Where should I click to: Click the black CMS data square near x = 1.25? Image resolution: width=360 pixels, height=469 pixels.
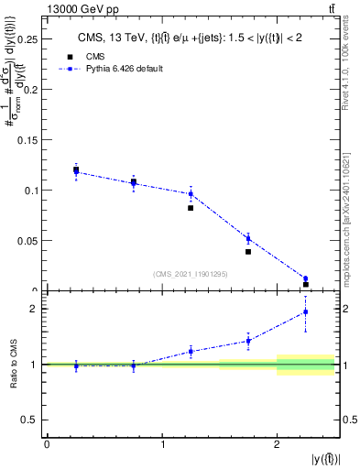click(191, 208)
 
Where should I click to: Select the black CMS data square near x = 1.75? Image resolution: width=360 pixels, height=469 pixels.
click(248, 251)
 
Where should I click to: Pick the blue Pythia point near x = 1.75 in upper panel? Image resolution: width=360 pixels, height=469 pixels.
click(248, 239)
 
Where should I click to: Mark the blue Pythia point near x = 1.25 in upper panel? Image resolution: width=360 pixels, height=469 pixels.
click(191, 193)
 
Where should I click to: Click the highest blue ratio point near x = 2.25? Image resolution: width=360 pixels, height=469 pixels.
click(306, 312)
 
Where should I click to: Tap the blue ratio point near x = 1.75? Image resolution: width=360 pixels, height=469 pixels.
click(248, 341)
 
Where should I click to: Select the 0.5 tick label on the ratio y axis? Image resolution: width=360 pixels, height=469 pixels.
click(30, 420)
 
